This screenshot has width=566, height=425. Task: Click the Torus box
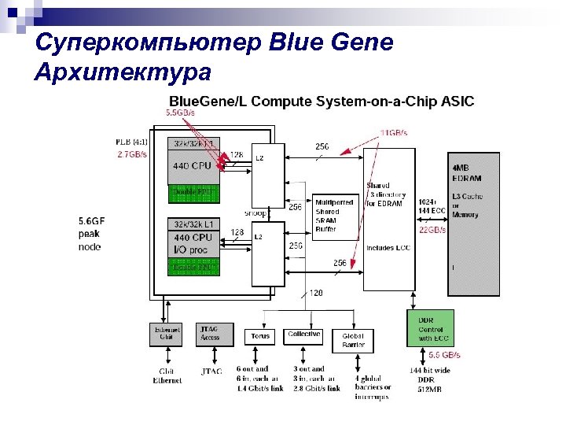click(x=260, y=336)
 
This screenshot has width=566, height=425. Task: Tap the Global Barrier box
click(x=353, y=340)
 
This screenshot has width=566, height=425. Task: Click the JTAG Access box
click(x=211, y=334)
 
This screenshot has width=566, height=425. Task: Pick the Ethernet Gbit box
click(x=166, y=334)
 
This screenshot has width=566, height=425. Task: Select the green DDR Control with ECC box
click(x=430, y=328)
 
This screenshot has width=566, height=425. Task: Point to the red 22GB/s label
click(x=432, y=230)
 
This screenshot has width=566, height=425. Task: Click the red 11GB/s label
click(x=394, y=133)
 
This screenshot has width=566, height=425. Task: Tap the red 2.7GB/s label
click(x=131, y=155)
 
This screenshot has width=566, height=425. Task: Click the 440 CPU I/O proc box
click(x=193, y=243)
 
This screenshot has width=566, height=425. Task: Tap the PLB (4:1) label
click(x=130, y=142)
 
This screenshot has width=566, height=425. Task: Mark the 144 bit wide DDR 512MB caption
click(x=430, y=380)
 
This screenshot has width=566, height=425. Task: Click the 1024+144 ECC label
click(x=432, y=207)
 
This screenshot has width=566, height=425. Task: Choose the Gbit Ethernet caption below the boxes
click(x=167, y=375)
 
